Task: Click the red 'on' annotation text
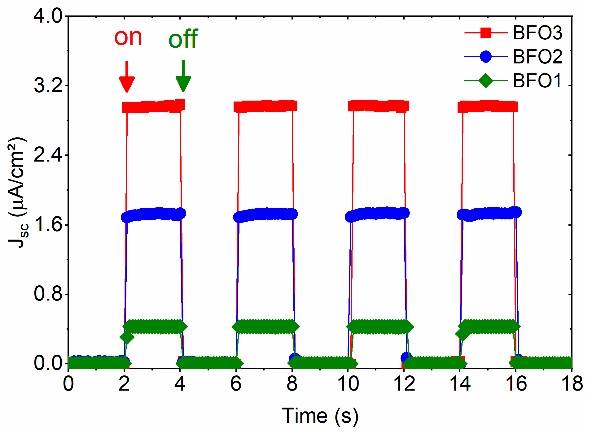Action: click(128, 37)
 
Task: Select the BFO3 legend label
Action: click(537, 33)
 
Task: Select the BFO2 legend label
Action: click(537, 57)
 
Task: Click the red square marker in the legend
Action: click(485, 32)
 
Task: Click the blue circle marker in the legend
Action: click(485, 57)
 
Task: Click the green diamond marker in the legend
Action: click(485, 81)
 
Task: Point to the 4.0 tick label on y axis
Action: click(48, 15)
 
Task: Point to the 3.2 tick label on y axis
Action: click(48, 85)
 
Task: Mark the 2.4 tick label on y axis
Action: click(48, 155)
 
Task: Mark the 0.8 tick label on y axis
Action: click(48, 294)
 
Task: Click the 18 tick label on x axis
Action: click(572, 384)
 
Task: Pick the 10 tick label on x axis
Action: click(348, 384)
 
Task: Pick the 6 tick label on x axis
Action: click(236, 384)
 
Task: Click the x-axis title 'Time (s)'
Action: click(320, 416)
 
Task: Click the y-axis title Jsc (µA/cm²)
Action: click(18, 192)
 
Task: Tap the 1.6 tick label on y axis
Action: click(48, 224)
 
